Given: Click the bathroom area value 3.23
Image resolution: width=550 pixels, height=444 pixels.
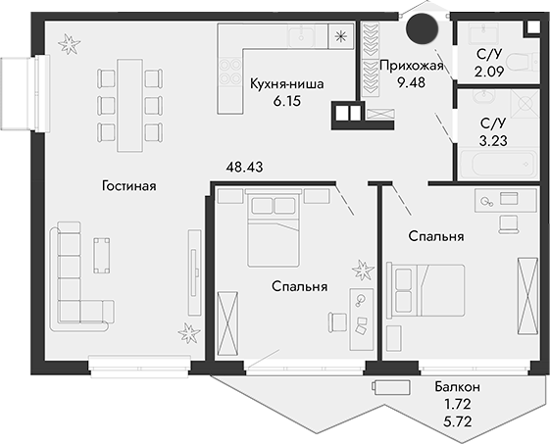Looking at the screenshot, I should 493,140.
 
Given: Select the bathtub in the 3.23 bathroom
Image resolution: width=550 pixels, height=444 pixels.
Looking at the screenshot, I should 501,163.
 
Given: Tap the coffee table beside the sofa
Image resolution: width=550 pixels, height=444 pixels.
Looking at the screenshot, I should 102,253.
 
